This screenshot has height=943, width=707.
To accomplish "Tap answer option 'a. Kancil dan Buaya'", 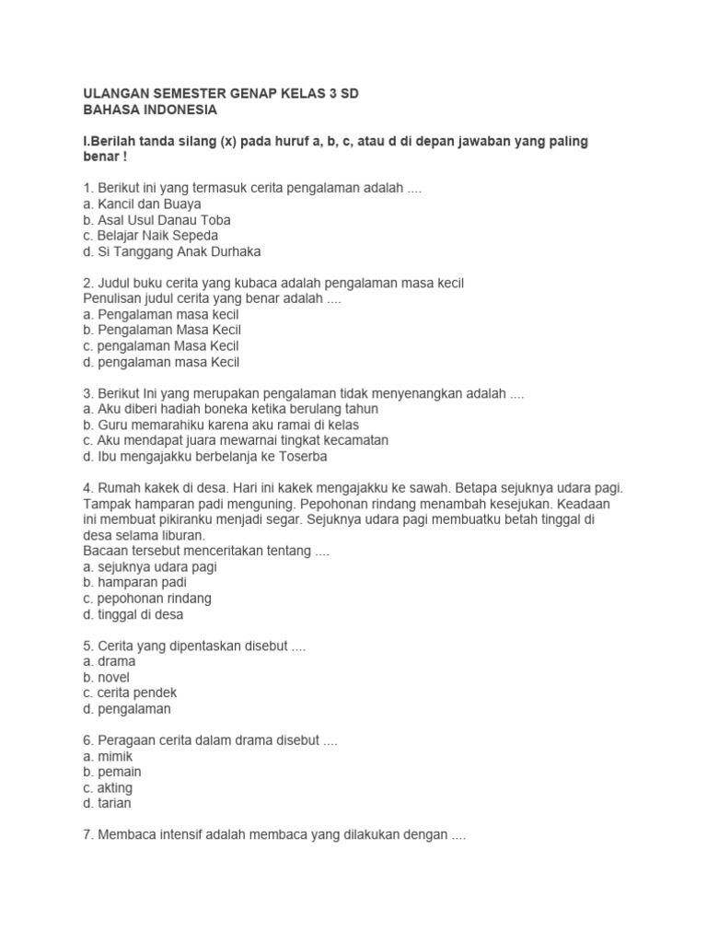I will point(142,204).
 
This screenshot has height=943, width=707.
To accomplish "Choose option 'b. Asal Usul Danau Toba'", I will point(156,220).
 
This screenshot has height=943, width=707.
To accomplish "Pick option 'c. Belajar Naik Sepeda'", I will point(150,236).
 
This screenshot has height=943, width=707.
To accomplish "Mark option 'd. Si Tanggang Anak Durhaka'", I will point(172,251).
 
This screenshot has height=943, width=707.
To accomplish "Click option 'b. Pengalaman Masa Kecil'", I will point(161,330).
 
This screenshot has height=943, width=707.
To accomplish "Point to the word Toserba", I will point(302,456).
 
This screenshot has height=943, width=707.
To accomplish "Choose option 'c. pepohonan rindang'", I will point(146,599).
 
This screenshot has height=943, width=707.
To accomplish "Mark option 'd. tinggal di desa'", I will point(133,614).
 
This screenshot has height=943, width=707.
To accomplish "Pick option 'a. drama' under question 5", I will point(109,661).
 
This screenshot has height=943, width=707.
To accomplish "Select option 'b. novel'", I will point(106,677).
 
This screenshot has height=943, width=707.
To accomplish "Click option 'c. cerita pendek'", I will point(130,693).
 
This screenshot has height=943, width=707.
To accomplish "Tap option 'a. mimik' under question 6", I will point(108,756).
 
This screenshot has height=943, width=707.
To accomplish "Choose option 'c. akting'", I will point(108,787).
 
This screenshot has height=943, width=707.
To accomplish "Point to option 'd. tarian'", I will point(107,803).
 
